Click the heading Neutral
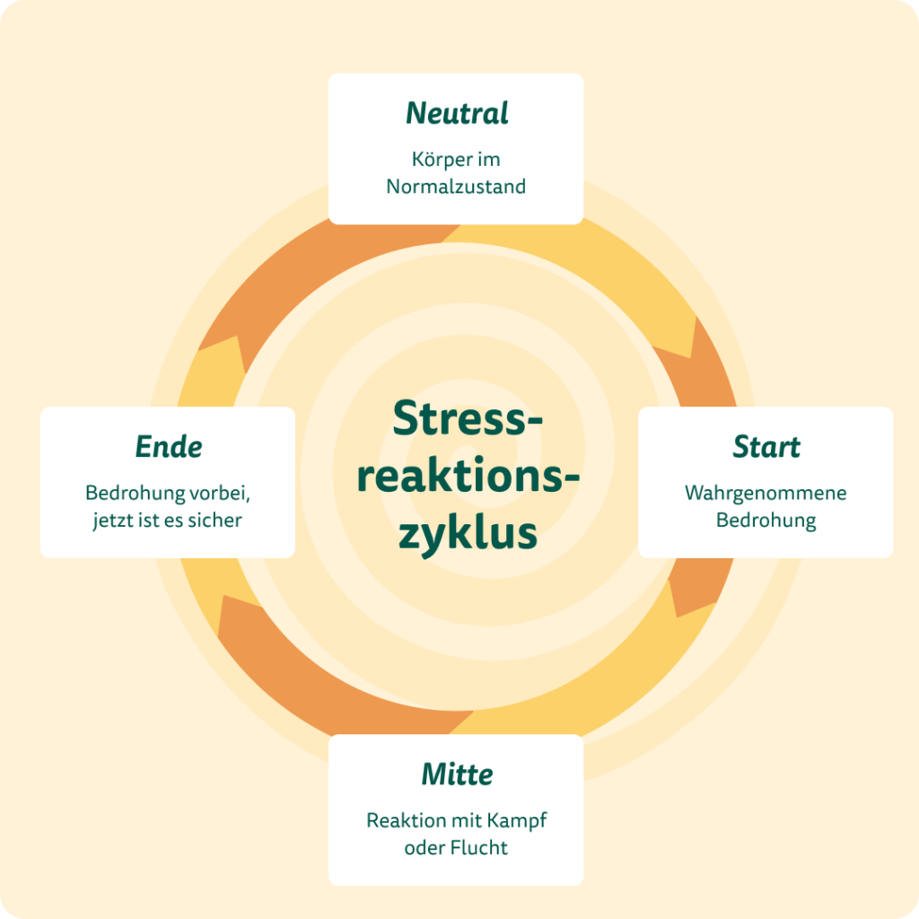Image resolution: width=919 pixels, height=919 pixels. click(x=457, y=113)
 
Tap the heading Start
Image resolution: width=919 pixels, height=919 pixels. click(x=766, y=446)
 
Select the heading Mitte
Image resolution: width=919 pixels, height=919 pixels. click(x=457, y=774)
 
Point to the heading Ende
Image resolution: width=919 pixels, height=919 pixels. click(x=169, y=446)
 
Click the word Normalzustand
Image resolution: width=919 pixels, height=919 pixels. click(x=456, y=187)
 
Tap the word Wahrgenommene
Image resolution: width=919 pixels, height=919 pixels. click(x=766, y=493)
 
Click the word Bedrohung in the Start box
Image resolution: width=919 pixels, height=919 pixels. click(x=766, y=521)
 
